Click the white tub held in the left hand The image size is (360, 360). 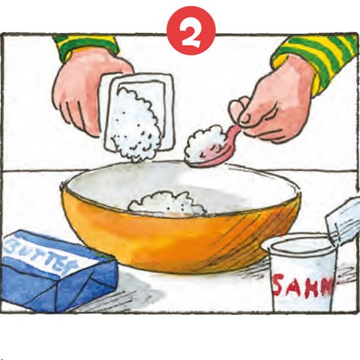click(139, 112)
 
